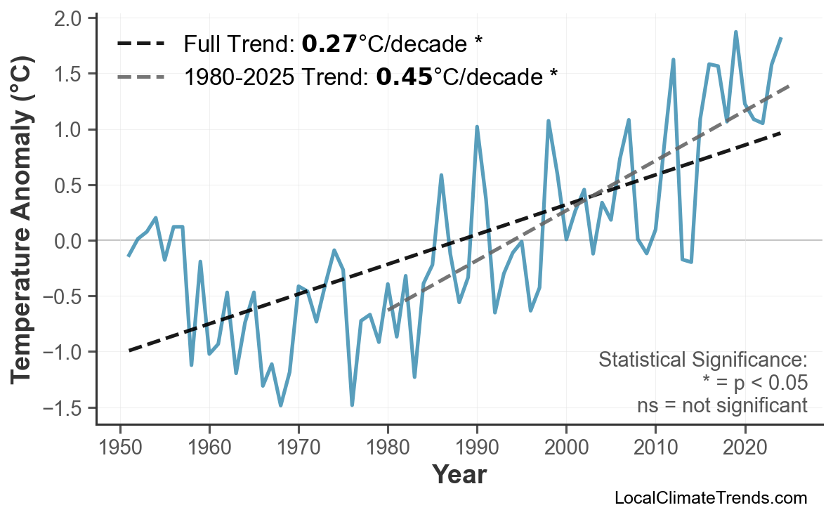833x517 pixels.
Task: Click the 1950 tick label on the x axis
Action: [119, 447]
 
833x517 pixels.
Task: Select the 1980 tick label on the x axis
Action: [388, 447]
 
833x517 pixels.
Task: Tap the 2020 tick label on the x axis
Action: [745, 447]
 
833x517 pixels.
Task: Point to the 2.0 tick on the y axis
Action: [68, 18]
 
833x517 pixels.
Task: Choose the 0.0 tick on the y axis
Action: [68, 241]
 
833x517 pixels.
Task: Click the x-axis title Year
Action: [459, 475]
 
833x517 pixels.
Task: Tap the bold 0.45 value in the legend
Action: [404, 77]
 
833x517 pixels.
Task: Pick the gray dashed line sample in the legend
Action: [140, 77]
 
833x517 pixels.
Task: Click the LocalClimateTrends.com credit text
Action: [710, 498]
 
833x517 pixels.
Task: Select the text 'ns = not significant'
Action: [722, 405]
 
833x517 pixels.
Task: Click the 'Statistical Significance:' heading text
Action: [702, 360]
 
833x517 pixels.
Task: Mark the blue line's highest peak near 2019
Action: [735, 32]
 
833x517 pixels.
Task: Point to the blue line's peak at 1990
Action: [477, 127]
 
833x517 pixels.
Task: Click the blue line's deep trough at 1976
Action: [352, 405]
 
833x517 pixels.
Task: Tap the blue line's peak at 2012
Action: [673, 60]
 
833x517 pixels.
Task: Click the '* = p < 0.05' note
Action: [754, 383]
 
